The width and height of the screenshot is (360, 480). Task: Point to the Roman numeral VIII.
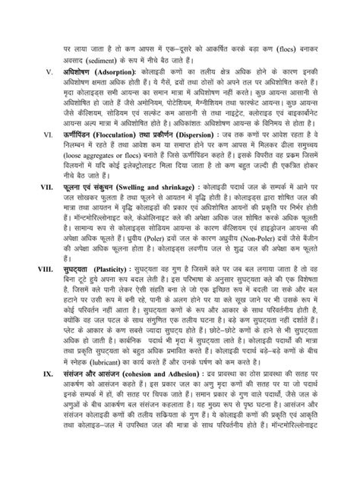(x=32, y=292)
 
